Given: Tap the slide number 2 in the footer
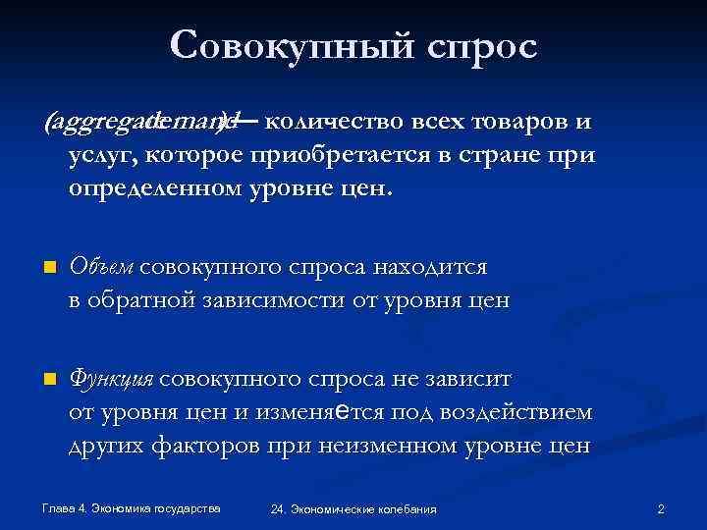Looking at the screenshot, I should [661, 508].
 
